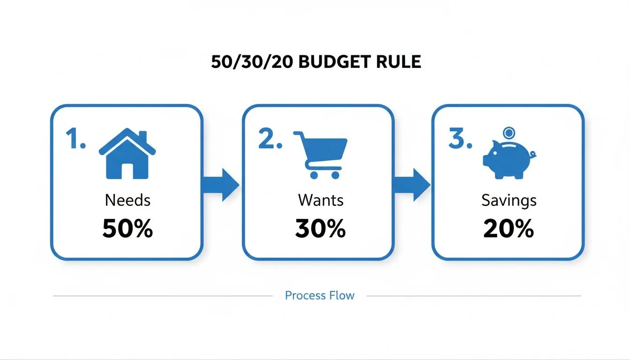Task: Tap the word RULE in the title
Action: click(x=397, y=62)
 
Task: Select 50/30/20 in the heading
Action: click(x=253, y=62)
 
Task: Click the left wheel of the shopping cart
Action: click(x=313, y=174)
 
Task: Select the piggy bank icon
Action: click(x=509, y=158)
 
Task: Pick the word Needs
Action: click(x=127, y=201)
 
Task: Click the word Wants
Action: click(x=321, y=201)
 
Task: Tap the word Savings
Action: click(x=509, y=201)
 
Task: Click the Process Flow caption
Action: click(x=320, y=296)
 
